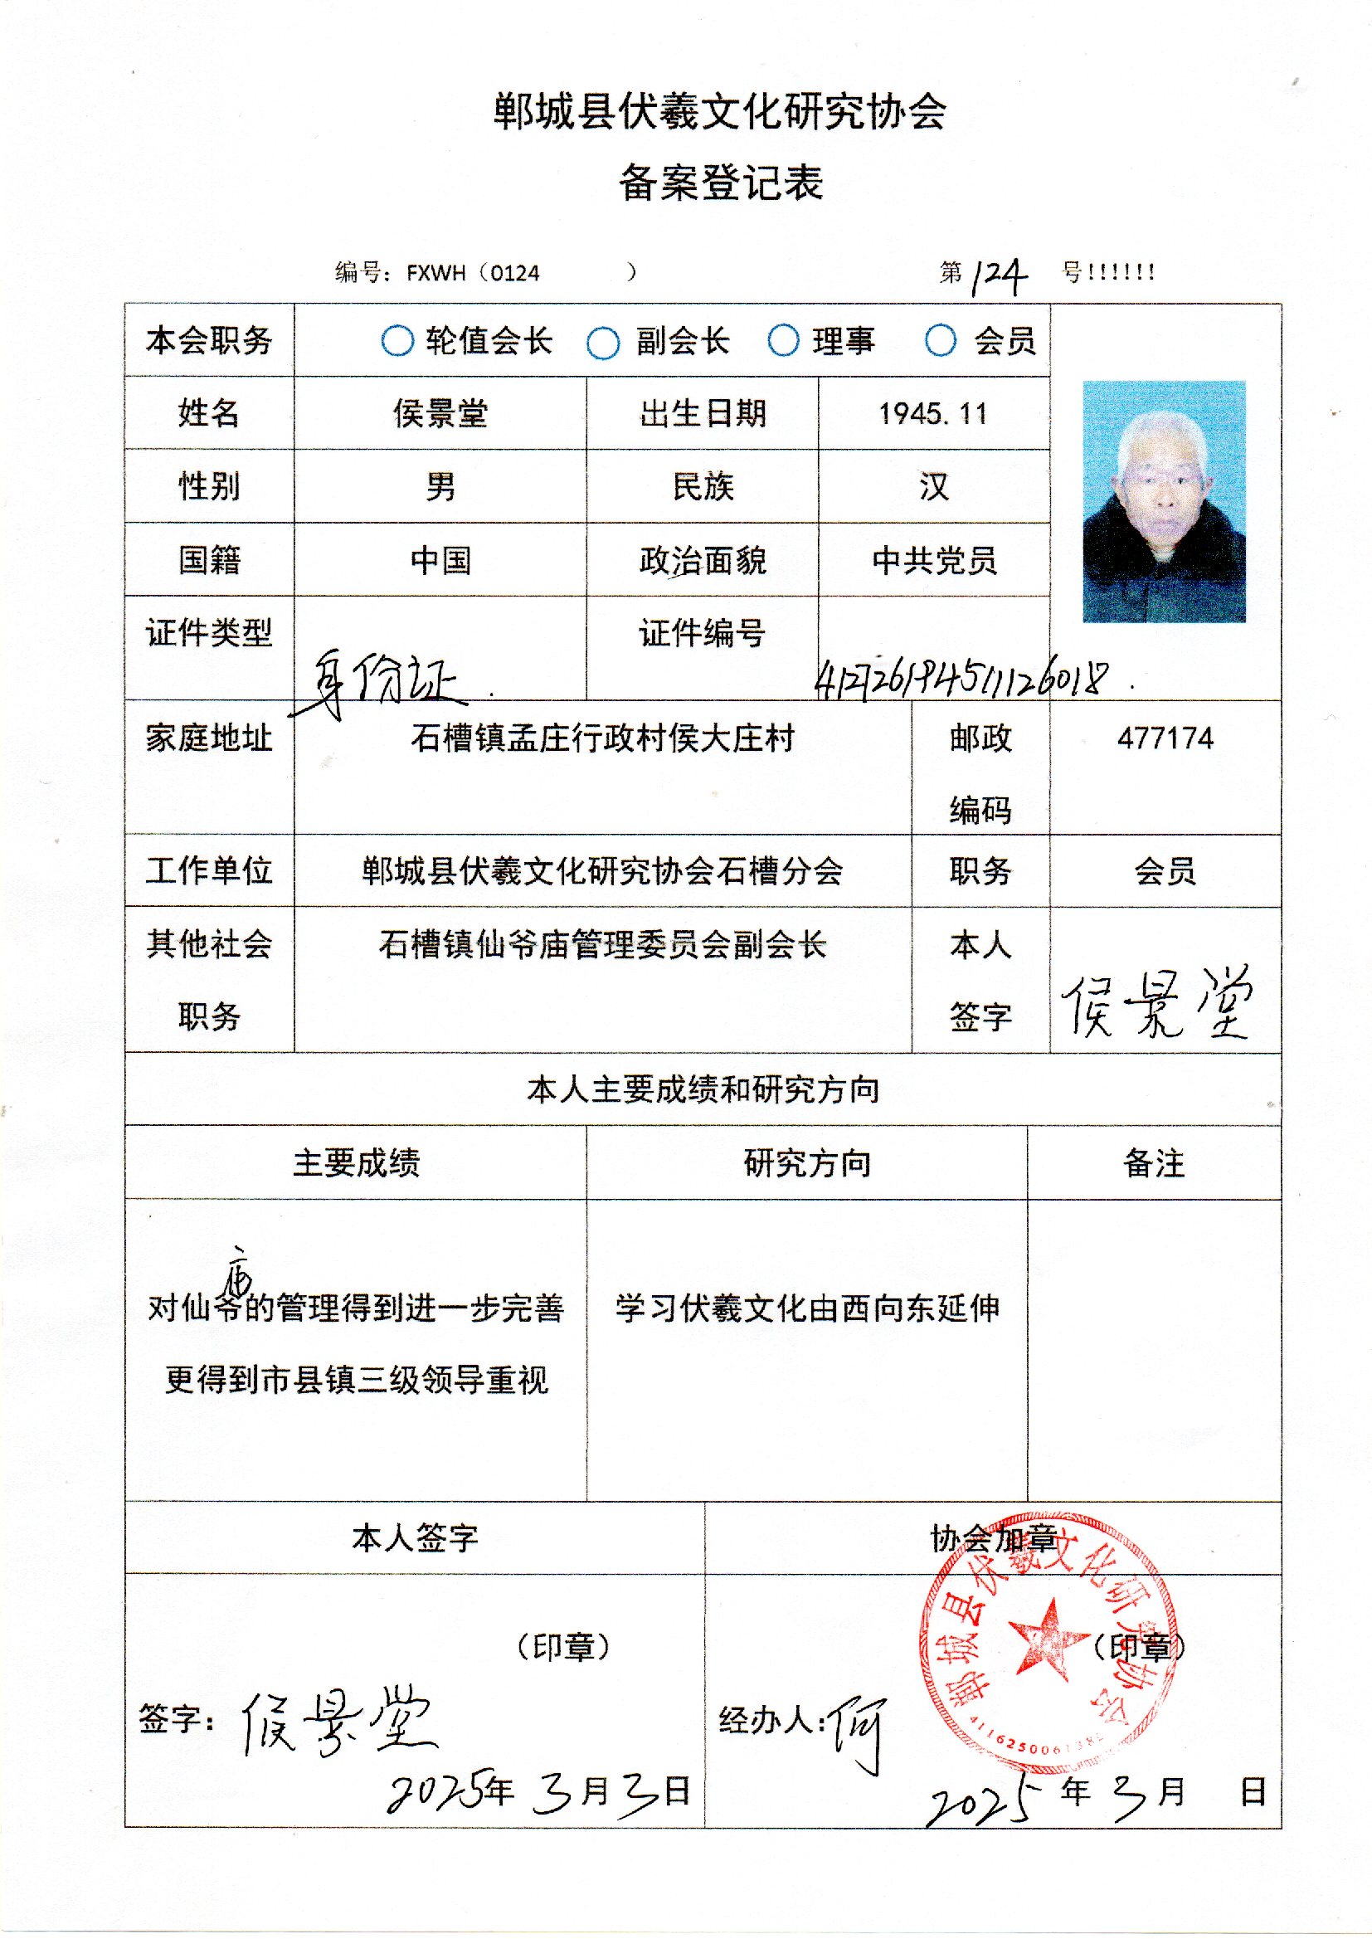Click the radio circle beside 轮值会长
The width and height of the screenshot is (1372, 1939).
[x=397, y=342]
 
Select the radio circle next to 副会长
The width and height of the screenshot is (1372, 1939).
[x=602, y=343]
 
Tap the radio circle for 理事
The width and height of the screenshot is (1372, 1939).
[x=783, y=340]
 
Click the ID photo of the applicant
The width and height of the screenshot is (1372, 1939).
[x=1163, y=501]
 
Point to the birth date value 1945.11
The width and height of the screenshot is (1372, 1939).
[x=932, y=414]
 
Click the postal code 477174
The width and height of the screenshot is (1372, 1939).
[x=1165, y=738]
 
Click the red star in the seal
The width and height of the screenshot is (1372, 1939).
[x=1048, y=1637]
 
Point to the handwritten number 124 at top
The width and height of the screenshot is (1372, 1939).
[x=999, y=275]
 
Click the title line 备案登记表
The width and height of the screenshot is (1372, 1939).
[x=721, y=183]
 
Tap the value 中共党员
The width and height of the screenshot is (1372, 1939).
[x=934, y=560]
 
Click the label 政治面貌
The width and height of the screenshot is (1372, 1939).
[x=702, y=560]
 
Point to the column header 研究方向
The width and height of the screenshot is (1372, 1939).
[x=807, y=1163]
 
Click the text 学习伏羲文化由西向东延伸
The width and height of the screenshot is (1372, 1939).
[x=807, y=1308]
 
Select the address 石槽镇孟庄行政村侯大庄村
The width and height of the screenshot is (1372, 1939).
[x=602, y=738]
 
